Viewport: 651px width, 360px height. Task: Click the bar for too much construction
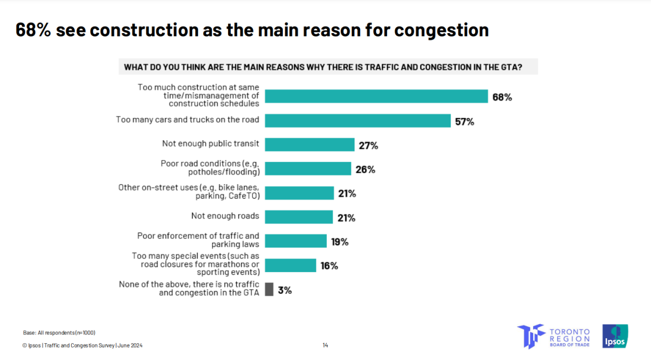[376, 96]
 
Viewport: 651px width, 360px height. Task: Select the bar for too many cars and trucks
[358, 121]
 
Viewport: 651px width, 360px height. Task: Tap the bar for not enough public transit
[309, 144]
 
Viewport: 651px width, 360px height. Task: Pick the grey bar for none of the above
[269, 289]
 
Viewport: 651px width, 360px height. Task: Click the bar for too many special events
[290, 265]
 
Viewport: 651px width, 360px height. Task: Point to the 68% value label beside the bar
[502, 97]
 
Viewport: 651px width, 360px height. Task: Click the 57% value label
[464, 122]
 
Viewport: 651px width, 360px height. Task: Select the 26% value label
[365, 169]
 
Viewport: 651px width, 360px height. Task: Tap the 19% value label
[339, 242]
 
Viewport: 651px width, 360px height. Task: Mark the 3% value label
[285, 290]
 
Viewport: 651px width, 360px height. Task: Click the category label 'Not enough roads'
[225, 216]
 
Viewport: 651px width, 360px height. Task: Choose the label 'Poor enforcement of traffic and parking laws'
[198, 240]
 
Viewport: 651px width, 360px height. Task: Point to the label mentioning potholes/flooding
[210, 167]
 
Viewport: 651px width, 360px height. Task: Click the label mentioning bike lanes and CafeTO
[189, 191]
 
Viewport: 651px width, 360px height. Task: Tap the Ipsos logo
[615, 336]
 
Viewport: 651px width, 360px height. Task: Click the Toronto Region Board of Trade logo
[553, 336]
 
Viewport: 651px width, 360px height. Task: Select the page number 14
[325, 345]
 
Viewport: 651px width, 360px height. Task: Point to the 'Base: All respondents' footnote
[59, 332]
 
